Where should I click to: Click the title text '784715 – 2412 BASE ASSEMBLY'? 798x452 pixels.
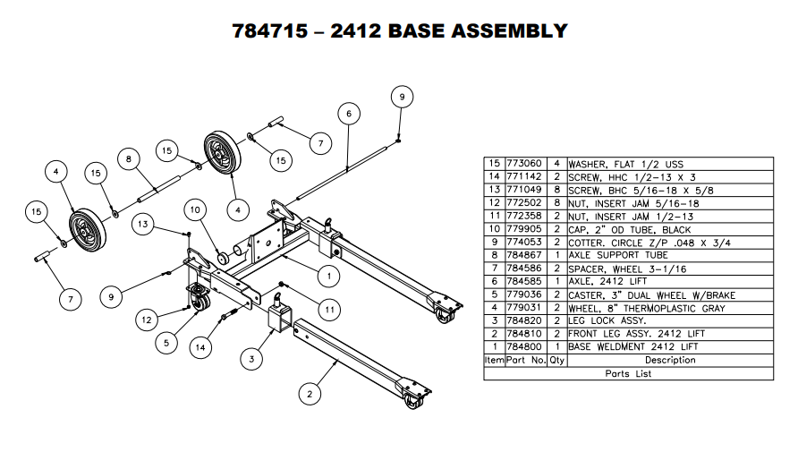click(399, 30)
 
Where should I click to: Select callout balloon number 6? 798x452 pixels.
click(349, 114)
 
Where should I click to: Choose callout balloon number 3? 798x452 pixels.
click(251, 359)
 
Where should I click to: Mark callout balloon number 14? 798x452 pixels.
click(205, 346)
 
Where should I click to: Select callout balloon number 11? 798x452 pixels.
click(330, 311)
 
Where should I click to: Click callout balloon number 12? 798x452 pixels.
click(148, 318)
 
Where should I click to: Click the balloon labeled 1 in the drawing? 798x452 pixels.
click(328, 275)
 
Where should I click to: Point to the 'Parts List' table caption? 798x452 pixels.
click(629, 373)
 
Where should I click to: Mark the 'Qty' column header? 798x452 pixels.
click(556, 360)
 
